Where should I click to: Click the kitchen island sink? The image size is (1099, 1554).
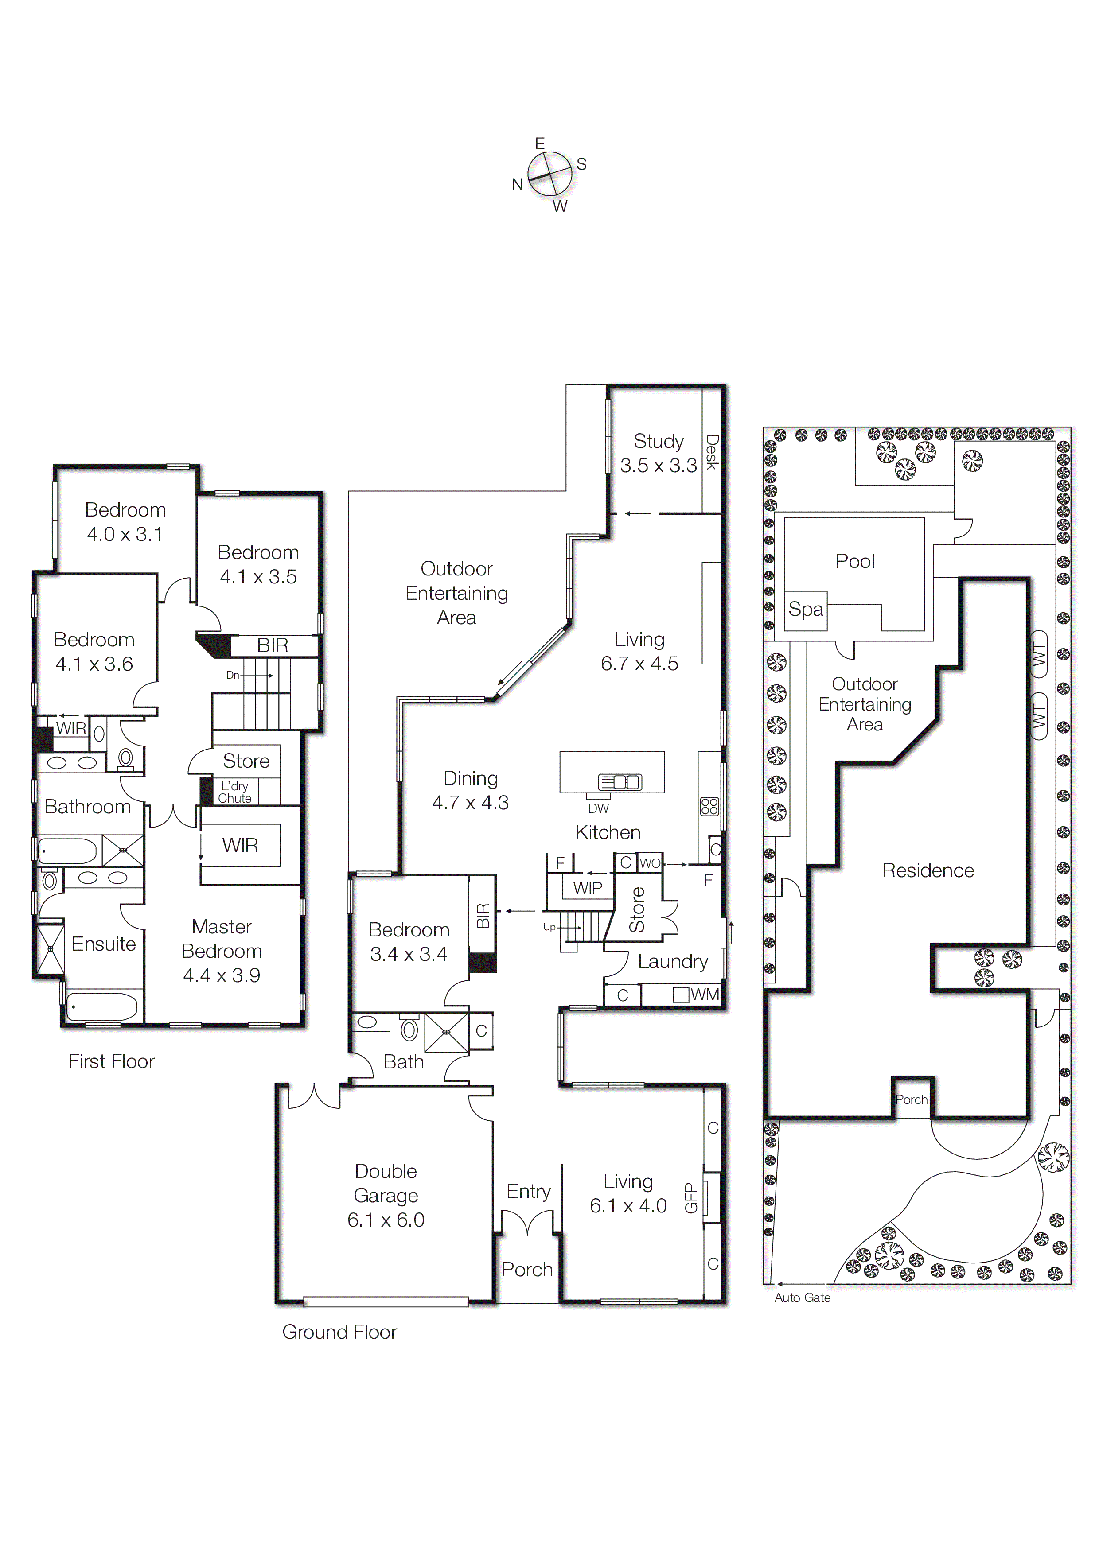[619, 782]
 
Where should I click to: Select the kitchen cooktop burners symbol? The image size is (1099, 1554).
[709, 806]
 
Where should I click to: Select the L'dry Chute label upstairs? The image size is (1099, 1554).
[234, 792]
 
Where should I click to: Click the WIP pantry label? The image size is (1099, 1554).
[587, 888]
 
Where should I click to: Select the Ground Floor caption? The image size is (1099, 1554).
[339, 1332]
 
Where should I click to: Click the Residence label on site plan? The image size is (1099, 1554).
[928, 870]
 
